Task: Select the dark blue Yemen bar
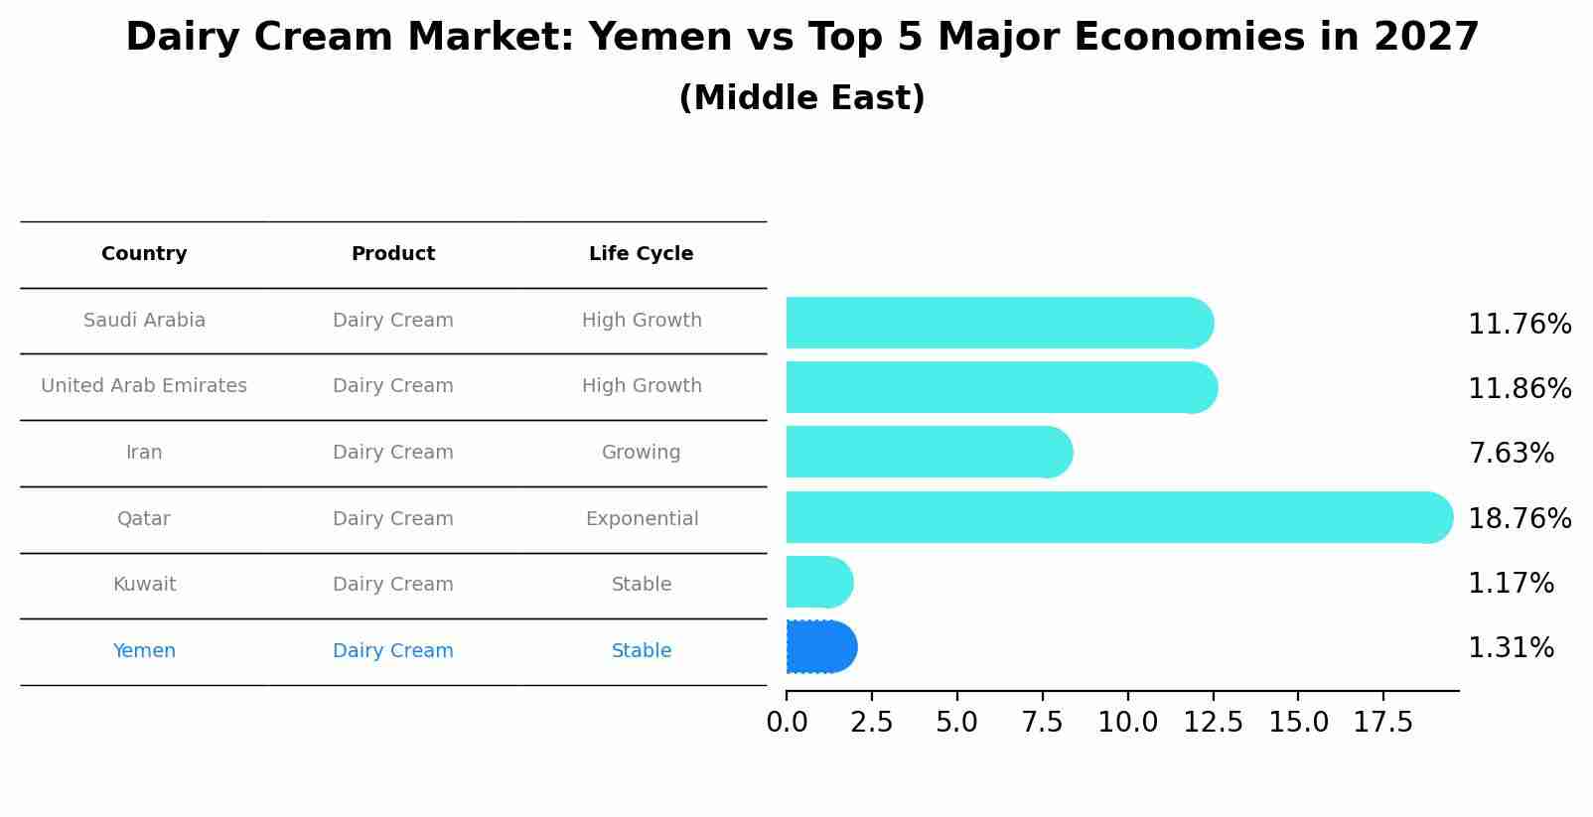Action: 820,647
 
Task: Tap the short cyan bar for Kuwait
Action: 818,582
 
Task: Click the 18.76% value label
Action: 1519,518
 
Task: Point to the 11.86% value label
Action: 1519,388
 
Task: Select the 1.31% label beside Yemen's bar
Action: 1510,648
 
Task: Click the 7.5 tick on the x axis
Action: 1042,723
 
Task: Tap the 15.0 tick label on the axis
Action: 1297,723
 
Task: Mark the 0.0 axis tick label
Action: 787,723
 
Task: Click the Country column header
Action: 144,254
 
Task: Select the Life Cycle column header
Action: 641,254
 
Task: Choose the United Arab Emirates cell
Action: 144,386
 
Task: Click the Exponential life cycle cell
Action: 642,519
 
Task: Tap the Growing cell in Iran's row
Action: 641,453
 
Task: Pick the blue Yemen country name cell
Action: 144,651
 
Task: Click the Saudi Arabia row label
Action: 144,321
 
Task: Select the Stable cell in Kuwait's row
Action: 642,585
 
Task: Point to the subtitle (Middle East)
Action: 801,98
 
